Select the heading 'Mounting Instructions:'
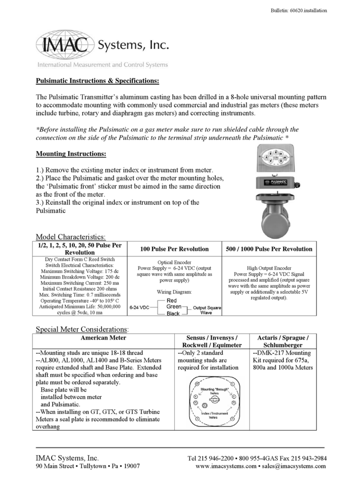click(x=71, y=154)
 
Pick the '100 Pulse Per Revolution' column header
click(x=174, y=249)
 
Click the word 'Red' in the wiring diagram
click(x=172, y=301)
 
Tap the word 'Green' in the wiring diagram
click(x=173, y=307)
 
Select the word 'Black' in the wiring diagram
click(x=173, y=314)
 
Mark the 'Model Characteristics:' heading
click(x=70, y=237)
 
